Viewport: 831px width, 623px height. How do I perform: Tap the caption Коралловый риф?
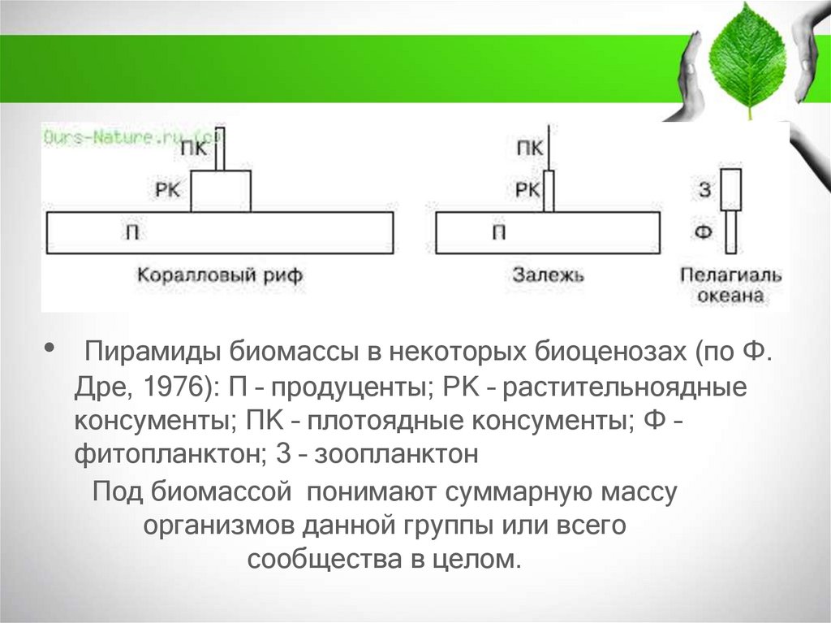click(x=219, y=275)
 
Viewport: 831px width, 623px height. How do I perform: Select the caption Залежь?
click(x=547, y=275)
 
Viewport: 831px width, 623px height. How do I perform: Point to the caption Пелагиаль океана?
click(x=731, y=285)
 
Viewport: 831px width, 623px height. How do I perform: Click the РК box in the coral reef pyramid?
click(x=221, y=192)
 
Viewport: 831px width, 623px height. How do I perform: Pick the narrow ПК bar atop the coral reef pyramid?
click(x=220, y=149)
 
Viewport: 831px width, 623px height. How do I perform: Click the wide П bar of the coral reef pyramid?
click(x=220, y=233)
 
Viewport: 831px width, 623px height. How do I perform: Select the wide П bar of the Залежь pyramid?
click(x=548, y=233)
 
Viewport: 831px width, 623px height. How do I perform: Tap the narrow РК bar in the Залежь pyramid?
click(x=549, y=192)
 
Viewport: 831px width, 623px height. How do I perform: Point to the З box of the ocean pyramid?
click(x=731, y=188)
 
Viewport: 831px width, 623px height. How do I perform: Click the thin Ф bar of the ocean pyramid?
click(x=731, y=232)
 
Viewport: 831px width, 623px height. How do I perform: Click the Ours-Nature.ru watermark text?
click(x=130, y=137)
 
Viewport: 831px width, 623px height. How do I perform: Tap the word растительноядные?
click(x=624, y=388)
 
